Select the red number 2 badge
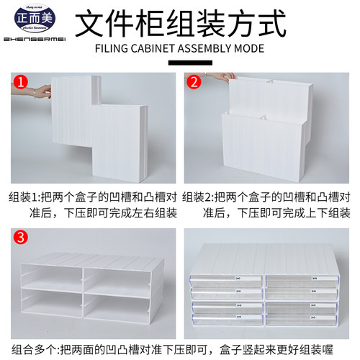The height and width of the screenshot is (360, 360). coord(194,82)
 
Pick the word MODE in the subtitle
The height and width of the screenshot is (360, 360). coord(249,49)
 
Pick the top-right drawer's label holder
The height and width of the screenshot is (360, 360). coord(315,276)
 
